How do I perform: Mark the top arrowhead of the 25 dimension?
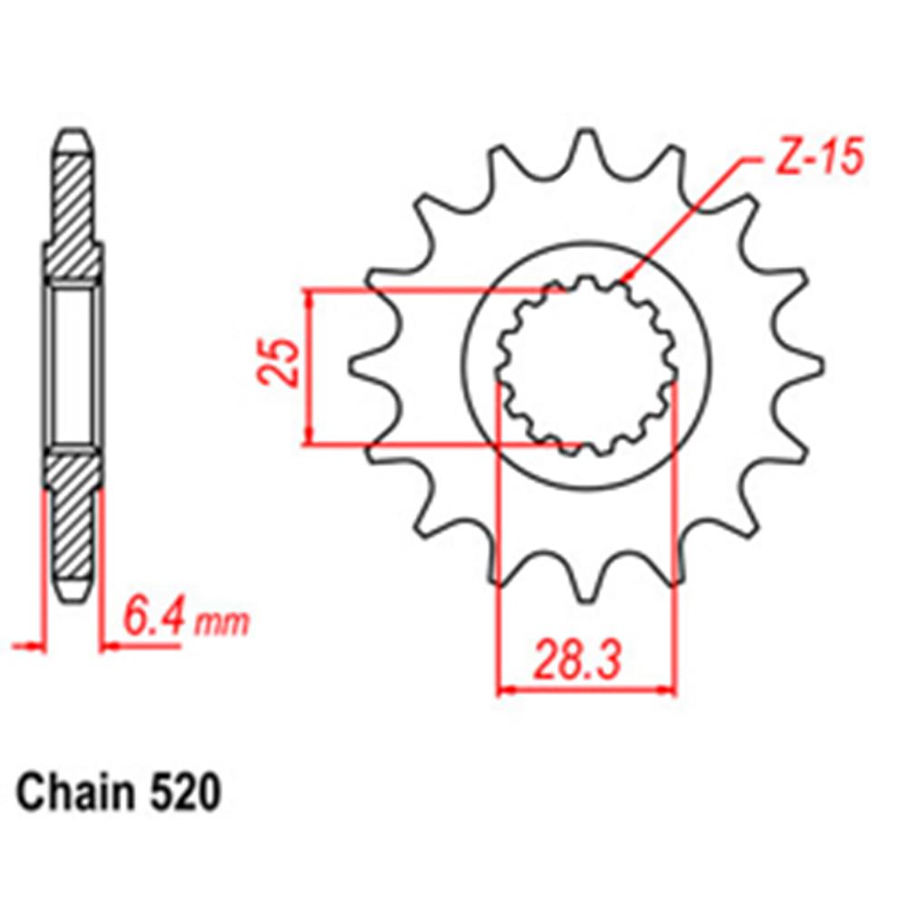(x=311, y=297)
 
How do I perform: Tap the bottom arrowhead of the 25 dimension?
(x=311, y=438)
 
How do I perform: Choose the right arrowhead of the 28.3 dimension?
(x=668, y=691)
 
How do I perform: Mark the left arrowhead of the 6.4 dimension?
(x=36, y=647)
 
